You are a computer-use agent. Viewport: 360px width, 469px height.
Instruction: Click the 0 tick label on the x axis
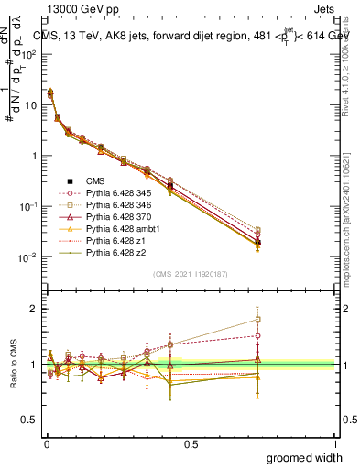[x=46, y=442]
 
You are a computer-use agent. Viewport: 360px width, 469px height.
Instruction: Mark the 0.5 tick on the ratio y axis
[x=33, y=420]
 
